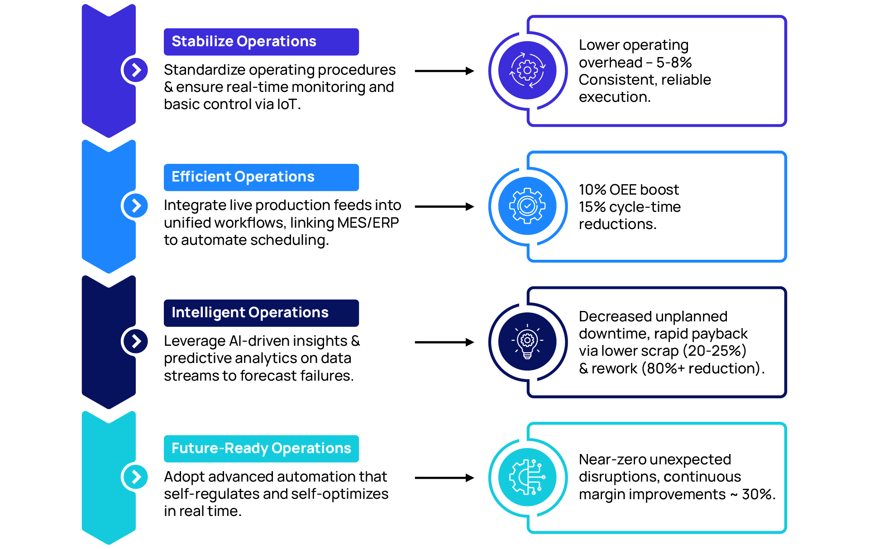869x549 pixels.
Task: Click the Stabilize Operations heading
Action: (244, 41)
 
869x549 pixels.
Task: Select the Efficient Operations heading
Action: (243, 177)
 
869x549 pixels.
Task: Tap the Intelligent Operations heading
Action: (250, 312)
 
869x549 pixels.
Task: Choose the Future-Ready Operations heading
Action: (261, 448)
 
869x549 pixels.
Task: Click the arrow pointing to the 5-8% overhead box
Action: (444, 71)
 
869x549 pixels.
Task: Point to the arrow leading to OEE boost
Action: (444, 207)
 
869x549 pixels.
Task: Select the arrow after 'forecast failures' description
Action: (444, 342)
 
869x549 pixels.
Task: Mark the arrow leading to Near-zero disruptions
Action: (444, 478)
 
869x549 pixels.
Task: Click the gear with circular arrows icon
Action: (527, 70)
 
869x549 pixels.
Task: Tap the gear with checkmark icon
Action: (527, 206)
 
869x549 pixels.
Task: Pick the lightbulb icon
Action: (527, 341)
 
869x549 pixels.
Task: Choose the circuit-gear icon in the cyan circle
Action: (527, 477)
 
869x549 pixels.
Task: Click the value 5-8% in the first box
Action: (674, 62)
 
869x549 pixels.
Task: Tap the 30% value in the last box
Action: (758, 494)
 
